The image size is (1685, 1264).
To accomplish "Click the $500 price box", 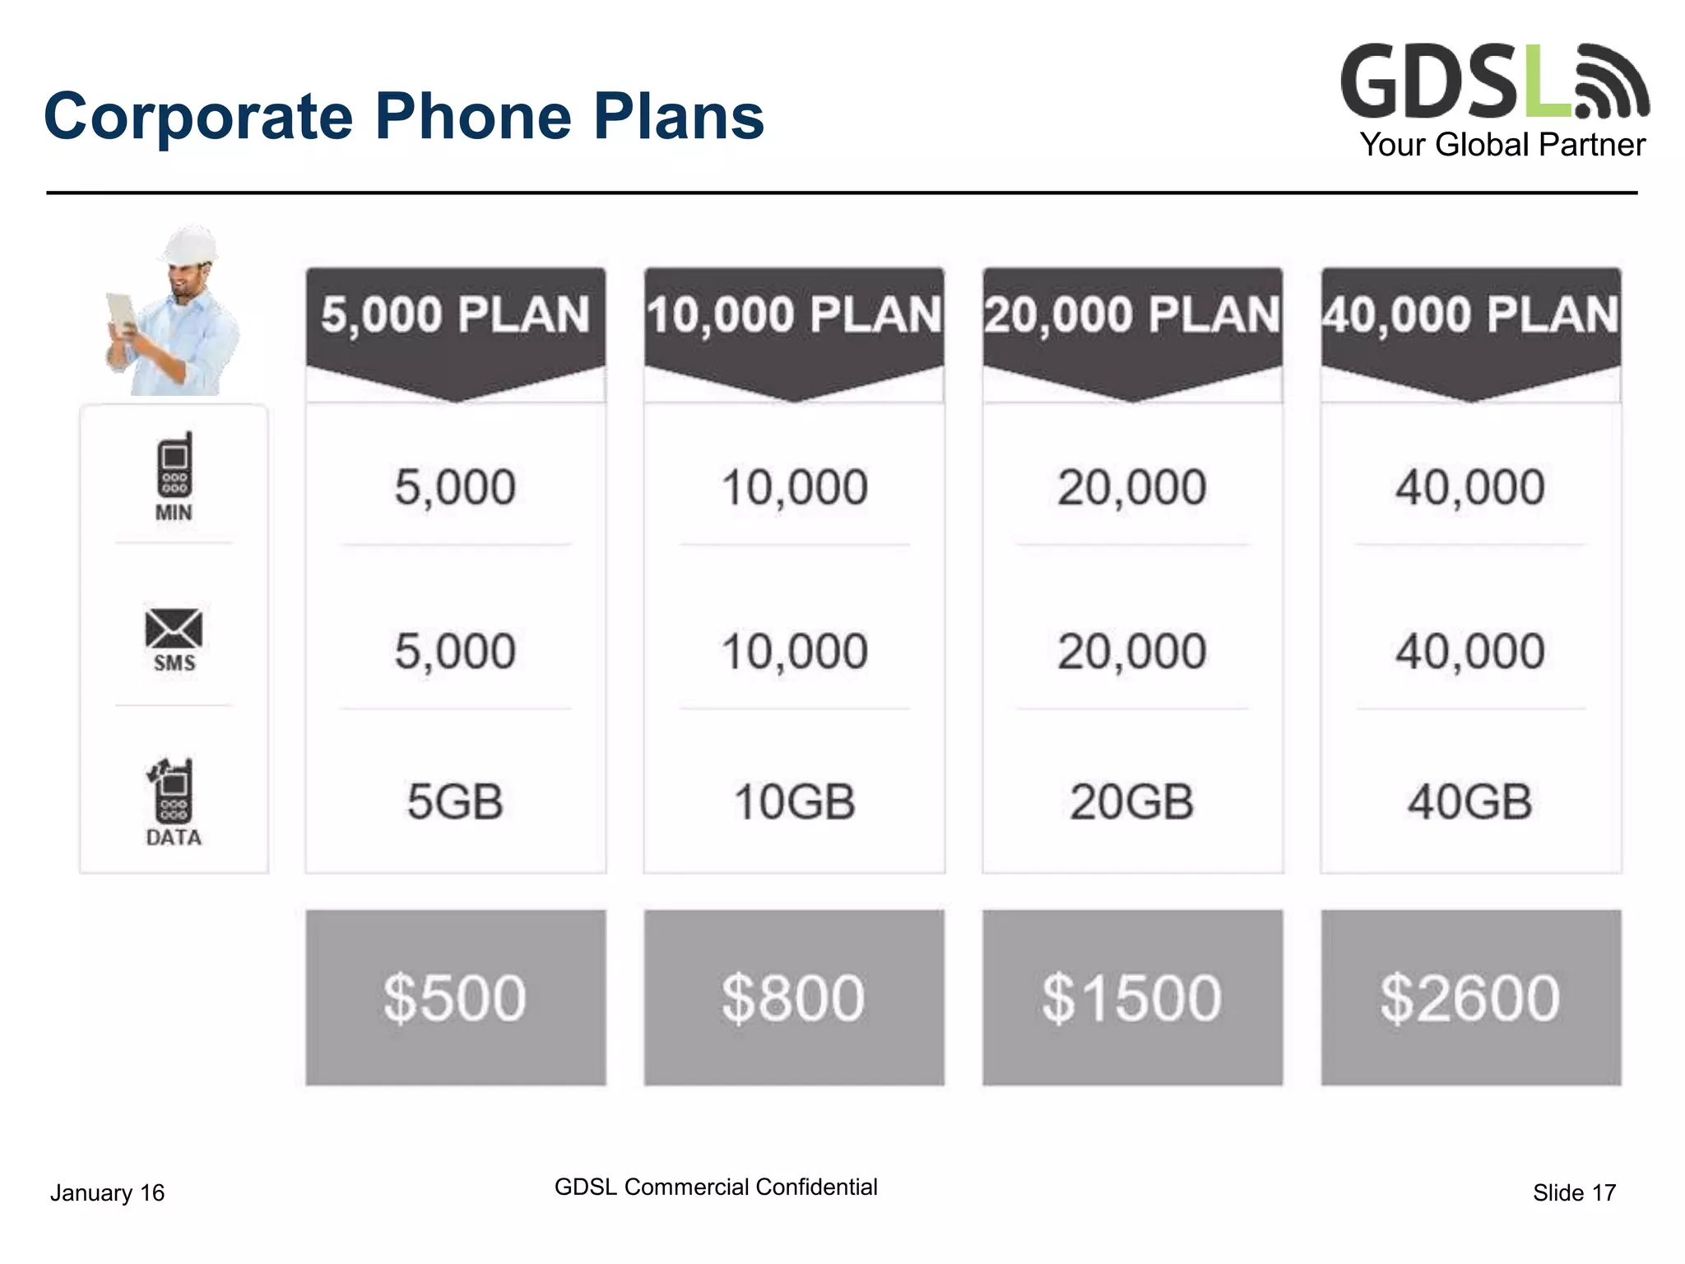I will pyautogui.click(x=455, y=997).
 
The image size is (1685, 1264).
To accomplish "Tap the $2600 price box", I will pyautogui.click(x=1470, y=997).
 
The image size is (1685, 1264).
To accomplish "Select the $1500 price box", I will pyautogui.click(x=1132, y=997).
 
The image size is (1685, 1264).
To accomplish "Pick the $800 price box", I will pyautogui.click(x=793, y=997).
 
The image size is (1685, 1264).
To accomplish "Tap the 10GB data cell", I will pyautogui.click(x=794, y=802).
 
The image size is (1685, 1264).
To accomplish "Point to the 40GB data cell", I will pyautogui.click(x=1470, y=802).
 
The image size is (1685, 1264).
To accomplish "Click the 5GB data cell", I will pyautogui.click(x=455, y=802).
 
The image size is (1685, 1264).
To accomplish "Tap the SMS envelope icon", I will pyautogui.click(x=174, y=630).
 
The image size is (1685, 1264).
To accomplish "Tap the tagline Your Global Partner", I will pyautogui.click(x=1502, y=145).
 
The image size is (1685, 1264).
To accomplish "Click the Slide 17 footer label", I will pyautogui.click(x=1574, y=1192).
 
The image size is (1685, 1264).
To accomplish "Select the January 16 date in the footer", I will pyautogui.click(x=107, y=1192).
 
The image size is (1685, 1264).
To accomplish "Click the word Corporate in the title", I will pyautogui.click(x=197, y=117).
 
